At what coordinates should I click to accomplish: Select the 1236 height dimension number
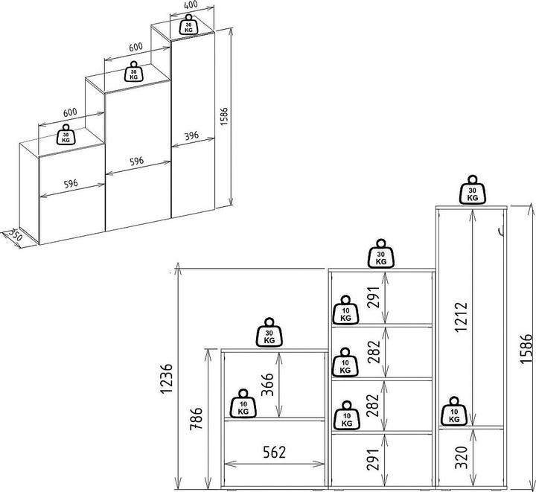pos(168,380)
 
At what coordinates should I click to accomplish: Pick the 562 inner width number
pos(272,451)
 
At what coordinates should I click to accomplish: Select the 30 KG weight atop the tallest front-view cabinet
pos(472,190)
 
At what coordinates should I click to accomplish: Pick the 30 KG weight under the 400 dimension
pos(188,27)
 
